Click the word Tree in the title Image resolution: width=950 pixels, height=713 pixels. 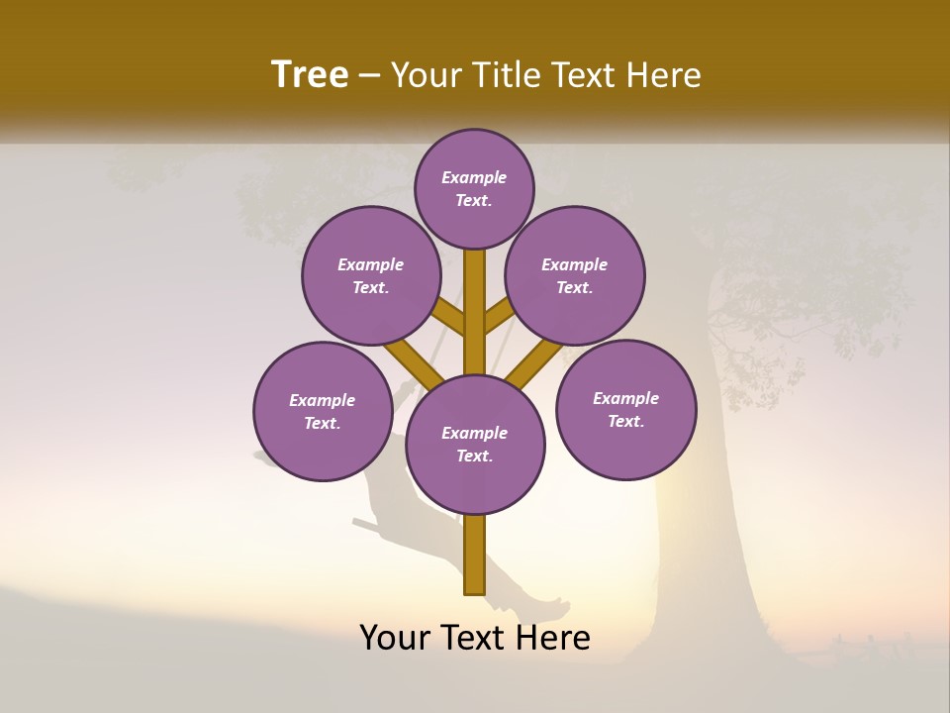[310, 75]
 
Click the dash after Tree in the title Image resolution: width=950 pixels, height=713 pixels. [370, 76]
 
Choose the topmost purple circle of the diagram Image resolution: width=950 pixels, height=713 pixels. [474, 188]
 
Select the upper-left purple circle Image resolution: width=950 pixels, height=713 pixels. [371, 275]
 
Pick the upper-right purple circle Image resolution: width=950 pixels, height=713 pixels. [575, 275]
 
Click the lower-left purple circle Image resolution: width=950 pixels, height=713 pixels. [323, 411]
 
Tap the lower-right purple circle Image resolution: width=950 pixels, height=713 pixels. [626, 409]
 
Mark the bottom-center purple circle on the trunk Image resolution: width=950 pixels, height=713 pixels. [475, 444]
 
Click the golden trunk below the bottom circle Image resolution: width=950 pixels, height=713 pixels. [475, 555]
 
